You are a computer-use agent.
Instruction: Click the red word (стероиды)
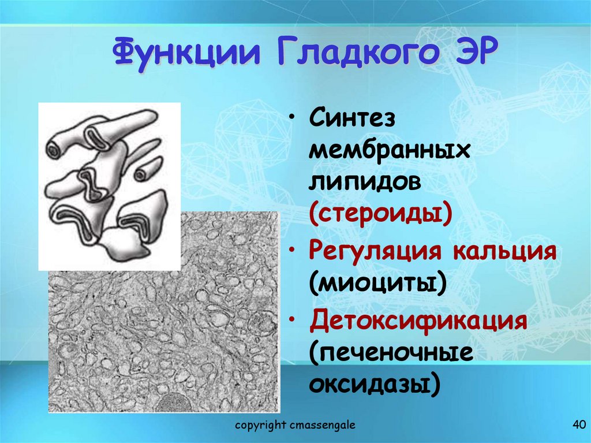tap(380, 214)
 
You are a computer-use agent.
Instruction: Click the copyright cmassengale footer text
tap(295, 426)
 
